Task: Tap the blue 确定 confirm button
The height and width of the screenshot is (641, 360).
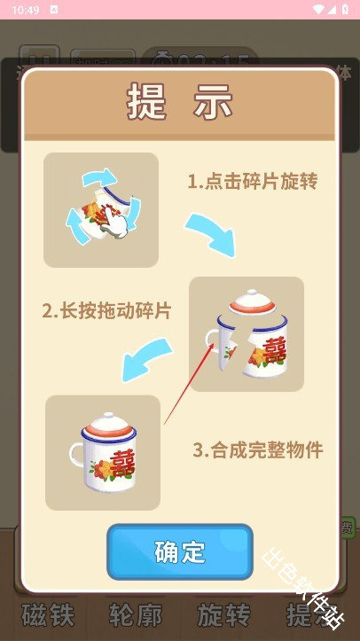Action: click(180, 551)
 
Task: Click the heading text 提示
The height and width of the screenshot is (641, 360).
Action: click(180, 103)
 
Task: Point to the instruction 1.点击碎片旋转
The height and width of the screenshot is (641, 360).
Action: click(253, 182)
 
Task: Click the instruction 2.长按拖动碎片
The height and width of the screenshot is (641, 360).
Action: click(106, 311)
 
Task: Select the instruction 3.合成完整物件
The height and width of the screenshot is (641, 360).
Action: click(258, 449)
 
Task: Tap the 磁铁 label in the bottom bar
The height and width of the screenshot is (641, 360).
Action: click(49, 615)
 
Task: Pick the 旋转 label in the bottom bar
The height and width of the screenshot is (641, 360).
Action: click(223, 615)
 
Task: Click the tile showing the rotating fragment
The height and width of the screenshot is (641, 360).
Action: click(101, 210)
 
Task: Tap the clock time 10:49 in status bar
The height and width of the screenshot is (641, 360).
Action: click(27, 9)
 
